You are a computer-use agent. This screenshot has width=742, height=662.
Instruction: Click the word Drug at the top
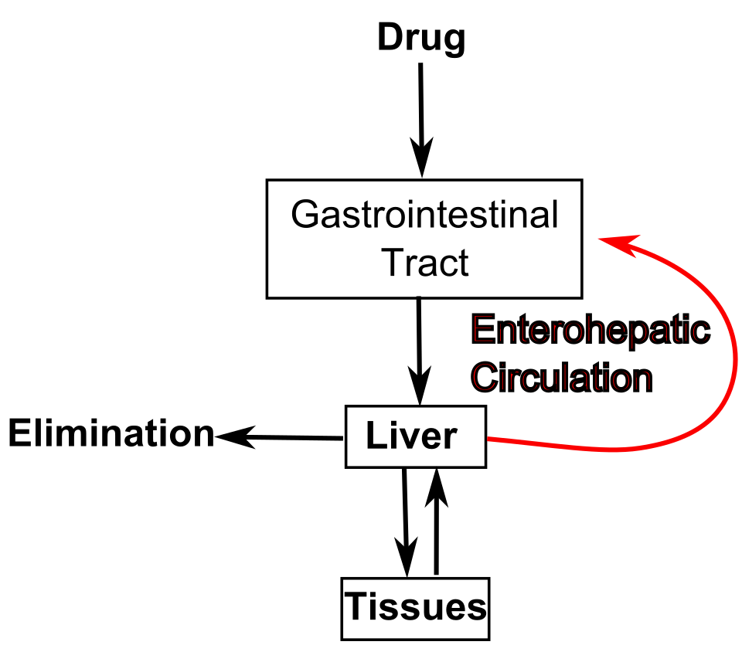(421, 39)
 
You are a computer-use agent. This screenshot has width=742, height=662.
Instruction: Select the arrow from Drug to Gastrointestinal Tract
(421, 120)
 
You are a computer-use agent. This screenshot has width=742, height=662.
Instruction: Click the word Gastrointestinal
(424, 214)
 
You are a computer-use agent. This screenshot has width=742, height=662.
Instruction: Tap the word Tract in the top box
(424, 263)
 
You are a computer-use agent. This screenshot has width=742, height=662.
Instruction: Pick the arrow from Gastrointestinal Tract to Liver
(419, 351)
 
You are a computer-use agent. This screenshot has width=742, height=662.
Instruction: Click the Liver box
(416, 436)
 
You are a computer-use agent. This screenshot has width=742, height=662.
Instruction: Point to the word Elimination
(111, 433)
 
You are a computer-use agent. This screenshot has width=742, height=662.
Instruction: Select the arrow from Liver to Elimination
(279, 437)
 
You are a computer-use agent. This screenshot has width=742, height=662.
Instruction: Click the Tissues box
(416, 609)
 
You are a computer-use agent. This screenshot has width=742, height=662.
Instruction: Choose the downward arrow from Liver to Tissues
(406, 522)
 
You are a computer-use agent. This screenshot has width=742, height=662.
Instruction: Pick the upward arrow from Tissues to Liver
(436, 521)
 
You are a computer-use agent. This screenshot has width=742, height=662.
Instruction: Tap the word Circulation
(562, 378)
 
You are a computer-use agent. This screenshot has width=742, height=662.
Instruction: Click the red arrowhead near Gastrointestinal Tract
(619, 244)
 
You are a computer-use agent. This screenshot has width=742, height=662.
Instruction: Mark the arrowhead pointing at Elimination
(235, 436)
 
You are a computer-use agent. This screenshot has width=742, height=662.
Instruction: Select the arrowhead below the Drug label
(422, 158)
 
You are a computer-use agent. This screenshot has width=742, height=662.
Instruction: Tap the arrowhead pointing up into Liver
(436, 488)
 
